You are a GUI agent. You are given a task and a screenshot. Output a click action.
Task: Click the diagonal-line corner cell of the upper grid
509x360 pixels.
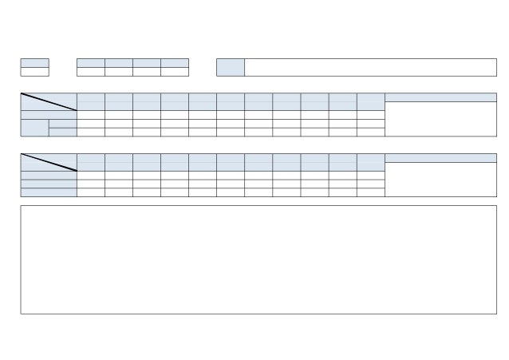[49, 101]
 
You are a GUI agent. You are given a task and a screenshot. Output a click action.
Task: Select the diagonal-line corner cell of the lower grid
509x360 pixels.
[49, 162]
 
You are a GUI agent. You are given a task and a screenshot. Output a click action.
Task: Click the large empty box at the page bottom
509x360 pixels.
[258, 259]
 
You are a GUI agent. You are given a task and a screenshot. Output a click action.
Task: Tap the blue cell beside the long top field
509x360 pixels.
[230, 67]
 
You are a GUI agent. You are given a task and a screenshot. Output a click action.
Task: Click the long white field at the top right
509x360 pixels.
[369, 67]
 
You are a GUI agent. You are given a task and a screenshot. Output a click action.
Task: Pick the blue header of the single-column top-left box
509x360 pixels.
[34, 62]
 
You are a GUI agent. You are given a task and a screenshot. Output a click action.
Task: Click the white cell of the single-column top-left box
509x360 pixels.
[34, 71]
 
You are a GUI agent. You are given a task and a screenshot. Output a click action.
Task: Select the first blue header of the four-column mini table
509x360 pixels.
[90, 62]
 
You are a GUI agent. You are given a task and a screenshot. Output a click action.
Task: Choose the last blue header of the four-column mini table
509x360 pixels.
[175, 62]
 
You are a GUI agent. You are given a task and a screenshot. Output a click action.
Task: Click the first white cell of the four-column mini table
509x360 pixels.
[90, 71]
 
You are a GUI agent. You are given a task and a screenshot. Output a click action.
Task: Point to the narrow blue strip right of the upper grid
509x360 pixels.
[440, 97]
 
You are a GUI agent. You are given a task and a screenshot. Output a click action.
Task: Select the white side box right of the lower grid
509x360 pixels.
[440, 179]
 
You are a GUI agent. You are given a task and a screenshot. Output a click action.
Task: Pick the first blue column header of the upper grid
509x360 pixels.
[91, 101]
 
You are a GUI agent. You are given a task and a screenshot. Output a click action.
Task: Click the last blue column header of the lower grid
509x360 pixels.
[370, 162]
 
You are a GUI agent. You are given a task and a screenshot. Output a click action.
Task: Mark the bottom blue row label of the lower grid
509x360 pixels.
[49, 192]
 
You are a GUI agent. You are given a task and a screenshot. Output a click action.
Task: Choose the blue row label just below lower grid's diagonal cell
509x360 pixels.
[49, 175]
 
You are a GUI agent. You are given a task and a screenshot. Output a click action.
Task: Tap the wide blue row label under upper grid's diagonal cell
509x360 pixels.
[49, 114]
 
